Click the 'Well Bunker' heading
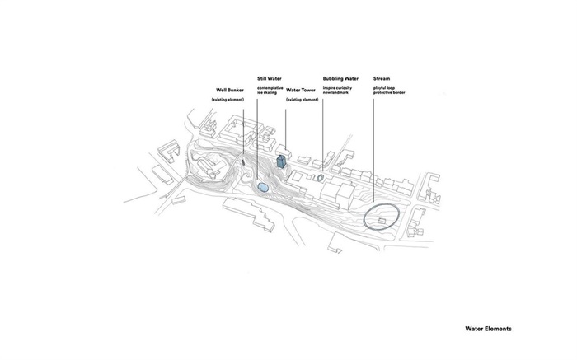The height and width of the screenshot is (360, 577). pyautogui.click(x=230, y=90)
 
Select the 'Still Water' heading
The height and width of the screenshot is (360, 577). pyautogui.click(x=270, y=79)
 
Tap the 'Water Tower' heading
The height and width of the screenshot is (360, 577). pyautogui.click(x=301, y=90)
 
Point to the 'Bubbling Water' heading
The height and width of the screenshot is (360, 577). pyautogui.click(x=340, y=79)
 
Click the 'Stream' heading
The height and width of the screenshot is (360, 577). pyautogui.click(x=382, y=79)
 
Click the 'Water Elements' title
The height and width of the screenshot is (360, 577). pyautogui.click(x=488, y=329)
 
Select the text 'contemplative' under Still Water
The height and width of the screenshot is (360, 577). pyautogui.click(x=270, y=88)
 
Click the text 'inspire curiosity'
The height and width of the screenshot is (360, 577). pyautogui.click(x=337, y=88)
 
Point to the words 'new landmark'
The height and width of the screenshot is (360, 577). pyautogui.click(x=335, y=92)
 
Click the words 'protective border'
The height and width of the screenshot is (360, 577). pyautogui.click(x=389, y=92)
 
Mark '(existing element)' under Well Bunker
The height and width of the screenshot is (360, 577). pyautogui.click(x=228, y=100)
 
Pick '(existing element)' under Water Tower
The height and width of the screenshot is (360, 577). pyautogui.click(x=303, y=100)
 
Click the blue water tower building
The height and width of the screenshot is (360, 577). pyautogui.click(x=281, y=161)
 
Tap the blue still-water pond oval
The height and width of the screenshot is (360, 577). pyautogui.click(x=263, y=188)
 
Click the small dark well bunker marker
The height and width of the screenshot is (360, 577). pyautogui.click(x=243, y=161)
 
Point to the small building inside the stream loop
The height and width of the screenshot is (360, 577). pyautogui.click(x=382, y=222)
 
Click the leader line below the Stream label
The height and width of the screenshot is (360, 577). pyautogui.click(x=374, y=150)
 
